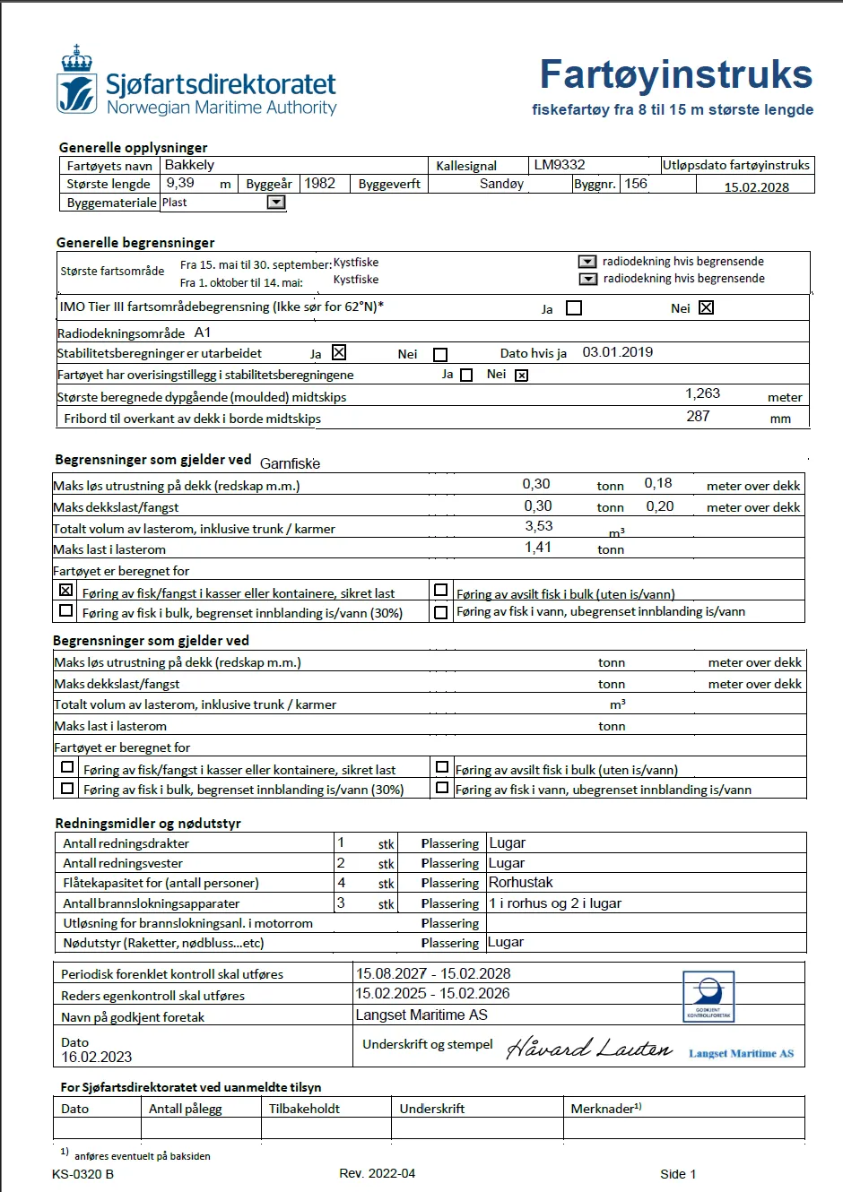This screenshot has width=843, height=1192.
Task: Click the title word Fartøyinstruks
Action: click(675, 74)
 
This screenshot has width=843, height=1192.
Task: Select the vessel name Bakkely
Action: click(189, 165)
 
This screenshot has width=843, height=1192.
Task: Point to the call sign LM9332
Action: click(559, 165)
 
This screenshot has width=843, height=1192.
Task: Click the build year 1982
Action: click(319, 184)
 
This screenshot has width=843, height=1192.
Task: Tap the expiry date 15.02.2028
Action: click(756, 187)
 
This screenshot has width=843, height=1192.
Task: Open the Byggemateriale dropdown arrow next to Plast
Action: click(276, 203)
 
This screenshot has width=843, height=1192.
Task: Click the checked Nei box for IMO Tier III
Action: click(706, 307)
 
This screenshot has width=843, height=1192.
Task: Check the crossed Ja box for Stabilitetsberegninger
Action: click(339, 353)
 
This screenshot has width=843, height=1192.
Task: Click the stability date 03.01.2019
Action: click(617, 352)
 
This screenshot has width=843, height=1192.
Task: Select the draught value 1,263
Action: click(702, 393)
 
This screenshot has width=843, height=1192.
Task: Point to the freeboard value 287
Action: click(698, 416)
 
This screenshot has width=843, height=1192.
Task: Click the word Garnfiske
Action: click(290, 463)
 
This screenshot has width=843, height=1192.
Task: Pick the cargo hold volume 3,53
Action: click(538, 526)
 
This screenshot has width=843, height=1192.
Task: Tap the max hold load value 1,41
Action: click(537, 547)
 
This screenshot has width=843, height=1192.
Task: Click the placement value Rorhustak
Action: click(520, 883)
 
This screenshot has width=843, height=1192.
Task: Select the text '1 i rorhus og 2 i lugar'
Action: click(554, 903)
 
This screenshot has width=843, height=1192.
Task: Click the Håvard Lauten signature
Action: click(588, 1048)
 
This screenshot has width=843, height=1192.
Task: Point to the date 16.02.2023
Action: click(96, 1058)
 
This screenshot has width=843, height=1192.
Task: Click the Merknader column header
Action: click(605, 1109)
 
